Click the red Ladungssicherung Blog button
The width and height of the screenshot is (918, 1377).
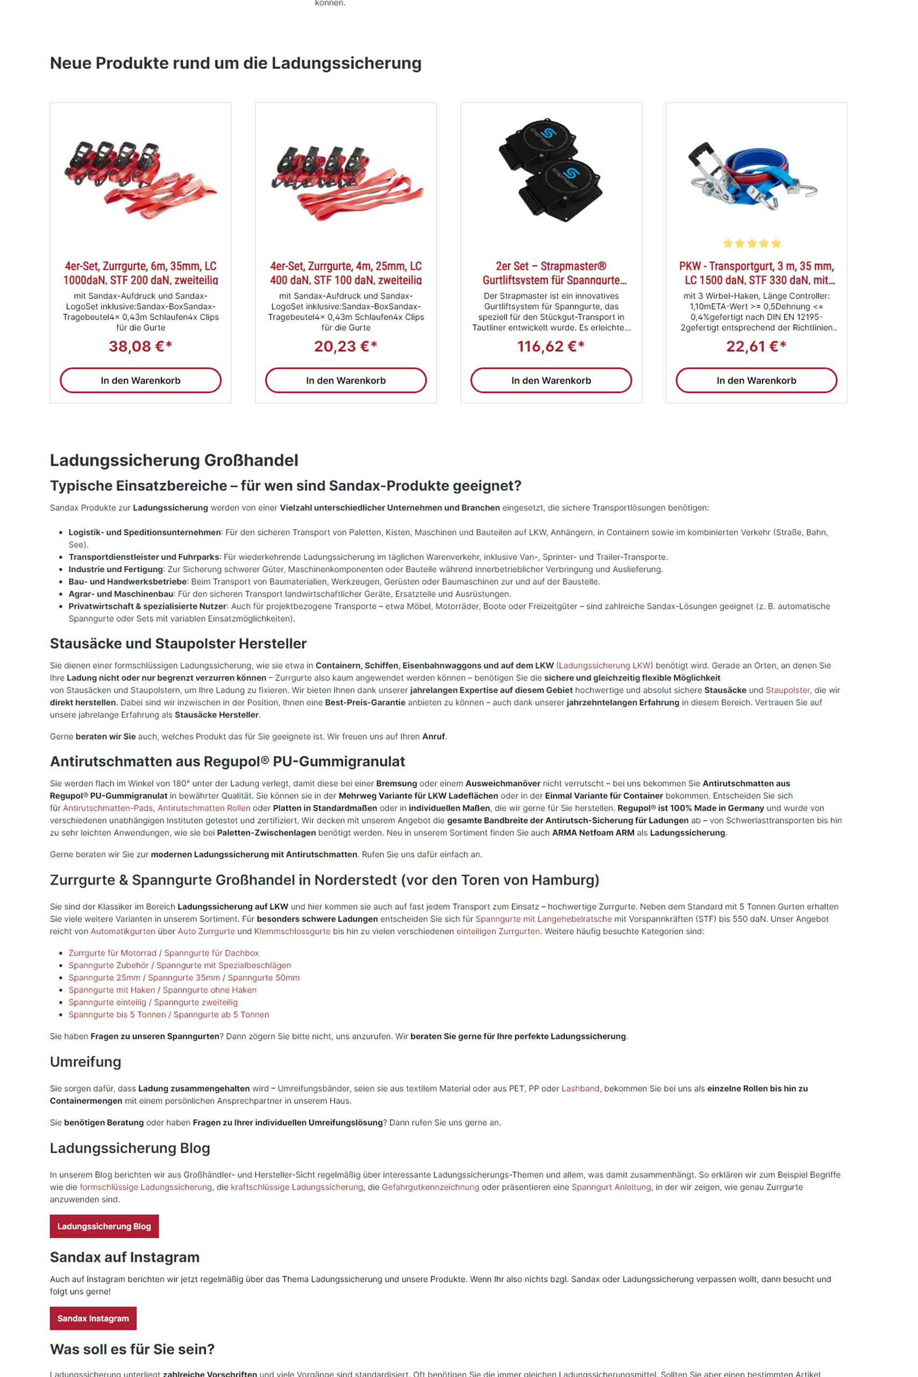click(x=104, y=1226)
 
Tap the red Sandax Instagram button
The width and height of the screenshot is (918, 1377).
click(x=92, y=1318)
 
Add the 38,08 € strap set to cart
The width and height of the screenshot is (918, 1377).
click(x=140, y=380)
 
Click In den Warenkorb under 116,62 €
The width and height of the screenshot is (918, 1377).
click(x=550, y=380)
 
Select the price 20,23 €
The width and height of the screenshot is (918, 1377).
click(x=345, y=346)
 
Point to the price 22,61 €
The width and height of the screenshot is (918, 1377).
click(x=756, y=346)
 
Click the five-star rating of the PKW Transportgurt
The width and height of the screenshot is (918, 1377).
click(x=752, y=244)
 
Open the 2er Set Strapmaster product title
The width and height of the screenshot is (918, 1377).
click(x=550, y=273)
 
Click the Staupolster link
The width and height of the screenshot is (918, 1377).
click(x=787, y=690)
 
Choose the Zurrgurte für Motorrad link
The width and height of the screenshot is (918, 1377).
click(x=112, y=953)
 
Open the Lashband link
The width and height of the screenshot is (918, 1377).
click(x=580, y=1088)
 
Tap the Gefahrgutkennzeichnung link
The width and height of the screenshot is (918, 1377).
click(x=430, y=1187)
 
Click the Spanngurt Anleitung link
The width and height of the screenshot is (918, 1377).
click(x=610, y=1187)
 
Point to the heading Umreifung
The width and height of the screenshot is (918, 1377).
click(x=86, y=1061)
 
